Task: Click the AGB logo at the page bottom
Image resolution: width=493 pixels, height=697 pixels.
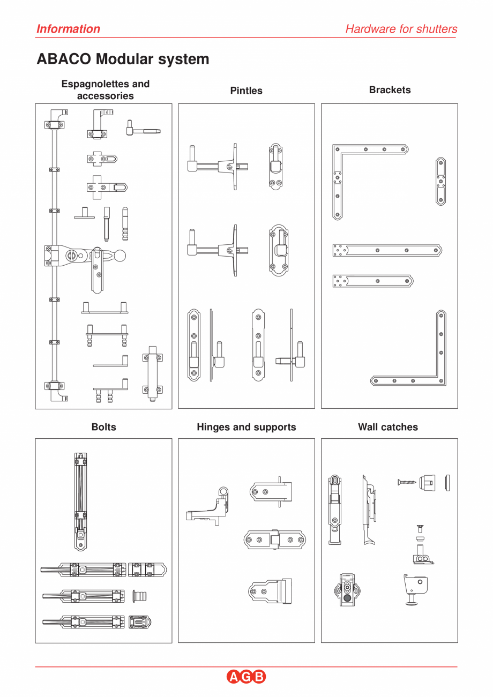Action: pos(246,677)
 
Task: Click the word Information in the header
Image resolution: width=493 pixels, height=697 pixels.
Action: pos(68,29)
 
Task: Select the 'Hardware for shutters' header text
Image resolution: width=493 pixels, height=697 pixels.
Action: pos(401,29)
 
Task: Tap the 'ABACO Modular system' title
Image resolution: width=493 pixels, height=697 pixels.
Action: pos(123,59)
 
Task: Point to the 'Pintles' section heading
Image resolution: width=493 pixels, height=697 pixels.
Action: pos(246,91)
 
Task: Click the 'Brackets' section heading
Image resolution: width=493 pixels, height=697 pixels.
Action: pos(390,90)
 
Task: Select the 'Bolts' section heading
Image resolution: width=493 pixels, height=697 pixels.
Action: pos(103,427)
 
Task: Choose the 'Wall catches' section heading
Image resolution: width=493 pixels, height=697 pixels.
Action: pos(388,427)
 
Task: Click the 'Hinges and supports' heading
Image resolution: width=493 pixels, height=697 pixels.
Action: pos(246,427)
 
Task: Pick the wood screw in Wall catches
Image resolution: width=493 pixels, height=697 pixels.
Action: pos(407,482)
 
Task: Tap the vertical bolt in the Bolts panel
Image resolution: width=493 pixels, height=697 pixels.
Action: pos(80,501)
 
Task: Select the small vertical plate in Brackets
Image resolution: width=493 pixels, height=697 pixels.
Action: pos(440,182)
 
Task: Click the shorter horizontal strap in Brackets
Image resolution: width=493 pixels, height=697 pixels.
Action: pos(372,281)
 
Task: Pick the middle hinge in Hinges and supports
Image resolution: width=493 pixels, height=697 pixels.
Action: pos(274,539)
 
